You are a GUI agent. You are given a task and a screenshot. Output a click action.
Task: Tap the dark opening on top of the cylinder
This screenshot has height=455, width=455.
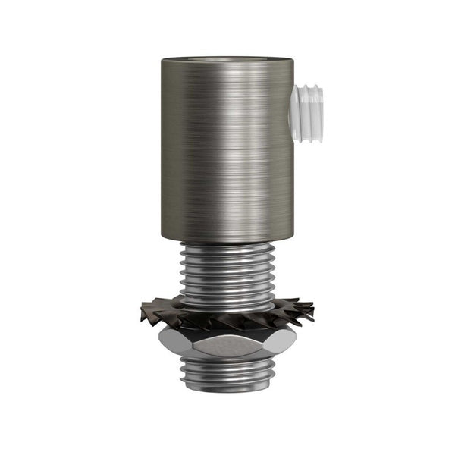click(227, 58)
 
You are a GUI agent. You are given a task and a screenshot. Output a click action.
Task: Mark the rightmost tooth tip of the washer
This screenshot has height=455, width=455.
click(315, 308)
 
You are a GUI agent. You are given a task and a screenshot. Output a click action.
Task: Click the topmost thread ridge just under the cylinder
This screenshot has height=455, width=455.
click(227, 246)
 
